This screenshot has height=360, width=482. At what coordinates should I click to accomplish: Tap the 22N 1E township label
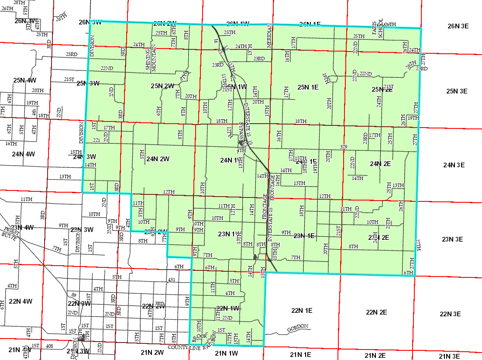pos(302,311)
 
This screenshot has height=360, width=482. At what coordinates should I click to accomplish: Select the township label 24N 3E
pos(455,165)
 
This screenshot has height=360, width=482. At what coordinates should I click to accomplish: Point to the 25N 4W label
pos(24,80)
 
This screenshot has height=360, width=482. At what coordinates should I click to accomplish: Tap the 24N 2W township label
pos(158,159)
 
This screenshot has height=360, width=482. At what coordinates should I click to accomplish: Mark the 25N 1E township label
pos(308,88)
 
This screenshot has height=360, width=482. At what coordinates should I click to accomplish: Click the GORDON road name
pos(298,327)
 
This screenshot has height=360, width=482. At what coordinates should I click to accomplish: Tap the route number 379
pos(343,147)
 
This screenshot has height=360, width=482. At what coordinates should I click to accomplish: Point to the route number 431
pos(171,280)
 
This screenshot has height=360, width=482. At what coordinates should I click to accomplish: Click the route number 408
pos(49,346)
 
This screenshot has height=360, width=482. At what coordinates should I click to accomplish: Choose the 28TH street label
pos(19,3)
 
